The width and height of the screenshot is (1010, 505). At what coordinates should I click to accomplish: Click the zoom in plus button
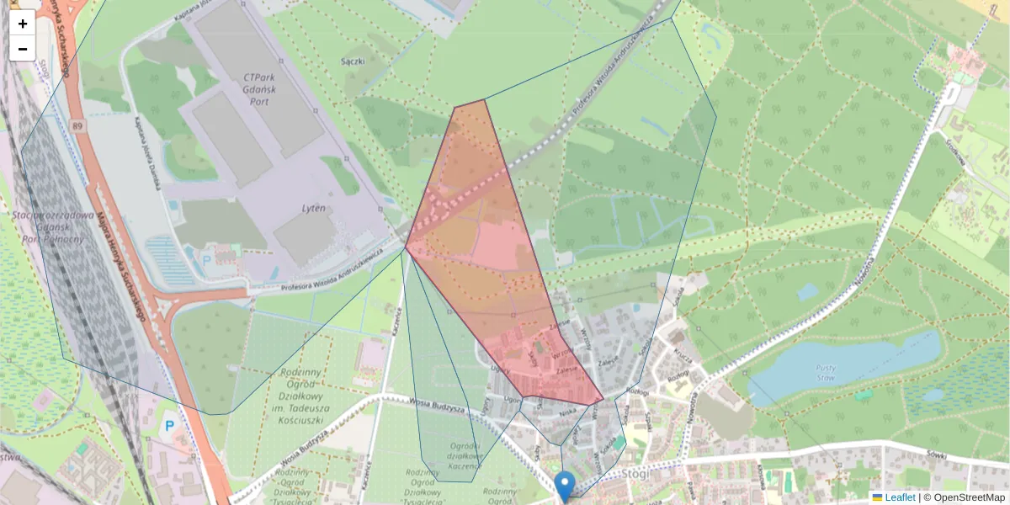click(x=23, y=24)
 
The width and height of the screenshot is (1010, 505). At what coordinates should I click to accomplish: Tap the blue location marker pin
click(x=565, y=486)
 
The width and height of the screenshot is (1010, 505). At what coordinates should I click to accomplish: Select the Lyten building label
click(x=313, y=208)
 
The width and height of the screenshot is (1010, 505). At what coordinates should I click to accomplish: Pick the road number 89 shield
click(x=78, y=126)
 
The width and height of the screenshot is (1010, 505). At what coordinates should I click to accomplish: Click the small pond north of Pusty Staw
click(x=807, y=291)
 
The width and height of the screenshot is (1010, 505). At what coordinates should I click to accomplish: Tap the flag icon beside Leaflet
click(x=877, y=497)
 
